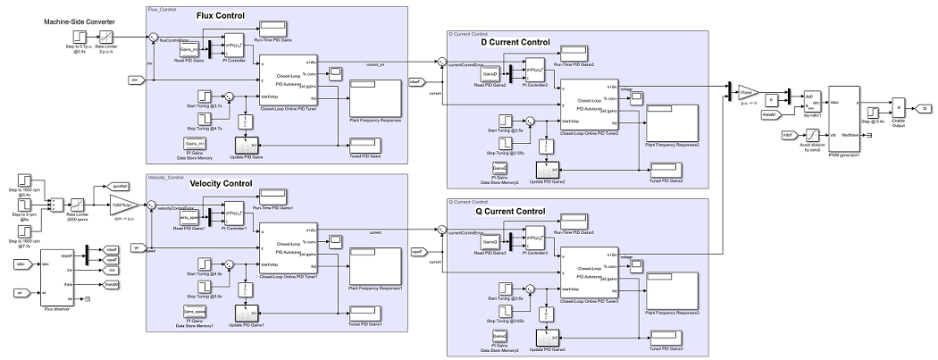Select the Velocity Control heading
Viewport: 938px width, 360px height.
coord(221,183)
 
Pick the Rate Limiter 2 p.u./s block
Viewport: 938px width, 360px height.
coord(105,38)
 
